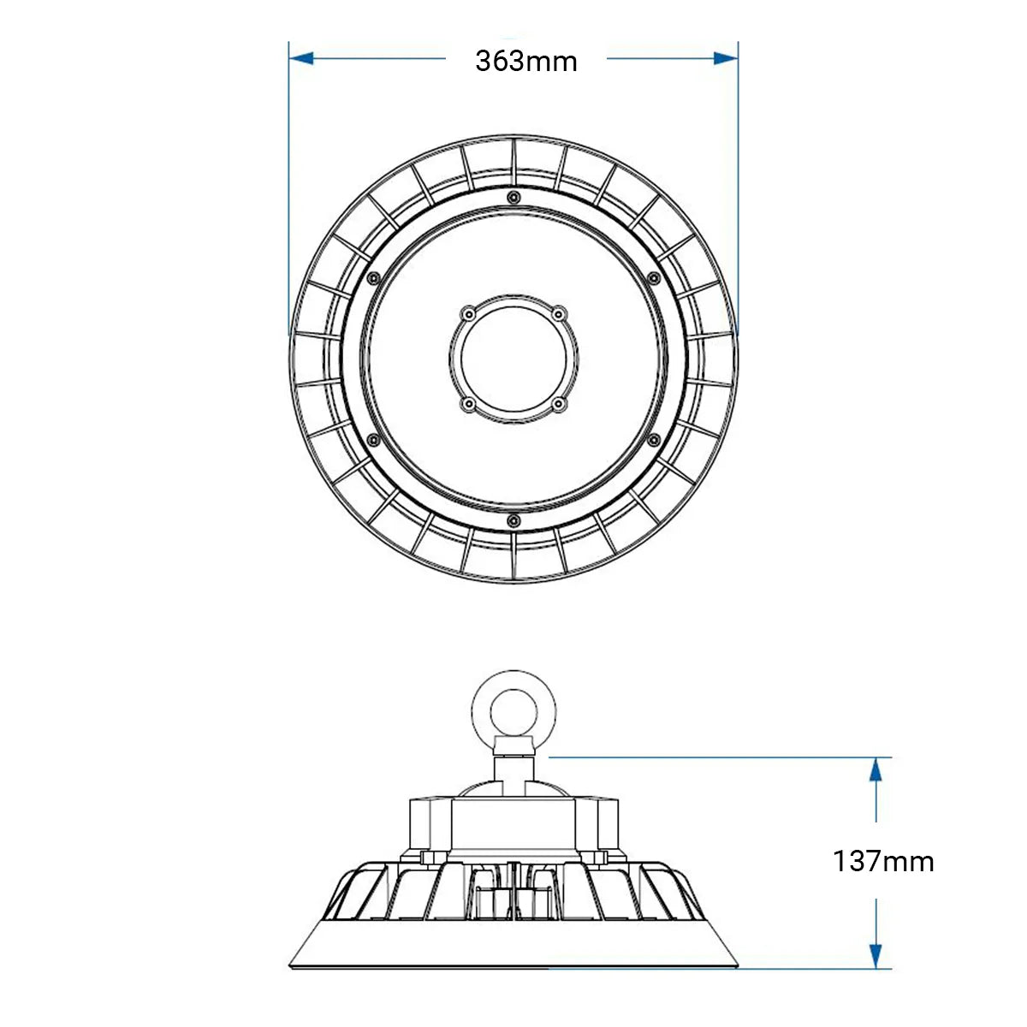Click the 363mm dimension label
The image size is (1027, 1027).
click(526, 61)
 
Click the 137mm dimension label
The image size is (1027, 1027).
click(882, 860)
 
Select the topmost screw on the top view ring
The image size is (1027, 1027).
click(513, 199)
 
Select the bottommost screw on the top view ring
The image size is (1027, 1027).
click(513, 519)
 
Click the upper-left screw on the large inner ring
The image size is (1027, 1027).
click(372, 278)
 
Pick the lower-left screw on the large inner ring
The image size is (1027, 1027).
click(372, 439)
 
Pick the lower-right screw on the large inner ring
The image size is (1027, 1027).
click(654, 439)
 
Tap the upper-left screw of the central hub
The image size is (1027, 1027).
click(467, 314)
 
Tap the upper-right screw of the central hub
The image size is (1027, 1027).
click(558, 314)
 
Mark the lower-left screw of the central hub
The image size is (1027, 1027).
click(467, 403)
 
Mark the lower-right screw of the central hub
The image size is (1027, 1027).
click(558, 403)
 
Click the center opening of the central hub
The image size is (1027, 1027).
click(513, 359)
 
